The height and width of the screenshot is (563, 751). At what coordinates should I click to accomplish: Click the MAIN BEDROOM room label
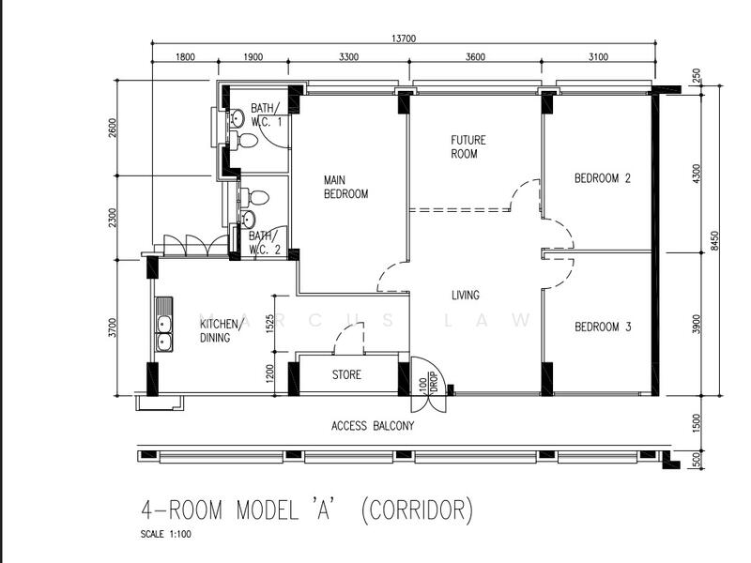coord(345,187)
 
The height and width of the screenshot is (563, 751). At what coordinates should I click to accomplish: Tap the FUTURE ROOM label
coord(467,147)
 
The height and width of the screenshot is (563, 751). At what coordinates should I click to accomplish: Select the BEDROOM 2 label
coord(602,178)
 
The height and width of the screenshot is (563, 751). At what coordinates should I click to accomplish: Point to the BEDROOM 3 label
coord(602,327)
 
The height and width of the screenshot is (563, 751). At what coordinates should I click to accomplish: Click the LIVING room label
coord(465,296)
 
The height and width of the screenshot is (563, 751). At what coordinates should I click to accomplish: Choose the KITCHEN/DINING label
coord(222,331)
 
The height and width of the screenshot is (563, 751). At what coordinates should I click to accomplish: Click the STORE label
coord(346,375)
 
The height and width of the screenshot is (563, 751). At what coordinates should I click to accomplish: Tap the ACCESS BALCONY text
coord(372,426)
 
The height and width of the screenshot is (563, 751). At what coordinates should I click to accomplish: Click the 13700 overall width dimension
coord(404,38)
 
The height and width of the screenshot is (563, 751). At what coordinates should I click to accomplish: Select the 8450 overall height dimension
coord(713,240)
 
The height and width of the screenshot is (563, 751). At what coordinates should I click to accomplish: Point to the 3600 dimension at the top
coord(475,57)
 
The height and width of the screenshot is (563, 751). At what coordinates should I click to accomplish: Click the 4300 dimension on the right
coord(696,175)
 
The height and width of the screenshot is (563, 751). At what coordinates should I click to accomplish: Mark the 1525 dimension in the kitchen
coord(270,324)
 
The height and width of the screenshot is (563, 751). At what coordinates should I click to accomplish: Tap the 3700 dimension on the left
coord(113,327)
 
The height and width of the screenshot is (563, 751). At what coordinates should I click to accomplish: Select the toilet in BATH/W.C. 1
coord(245,141)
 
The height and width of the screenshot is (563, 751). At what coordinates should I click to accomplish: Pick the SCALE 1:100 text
coord(166,534)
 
